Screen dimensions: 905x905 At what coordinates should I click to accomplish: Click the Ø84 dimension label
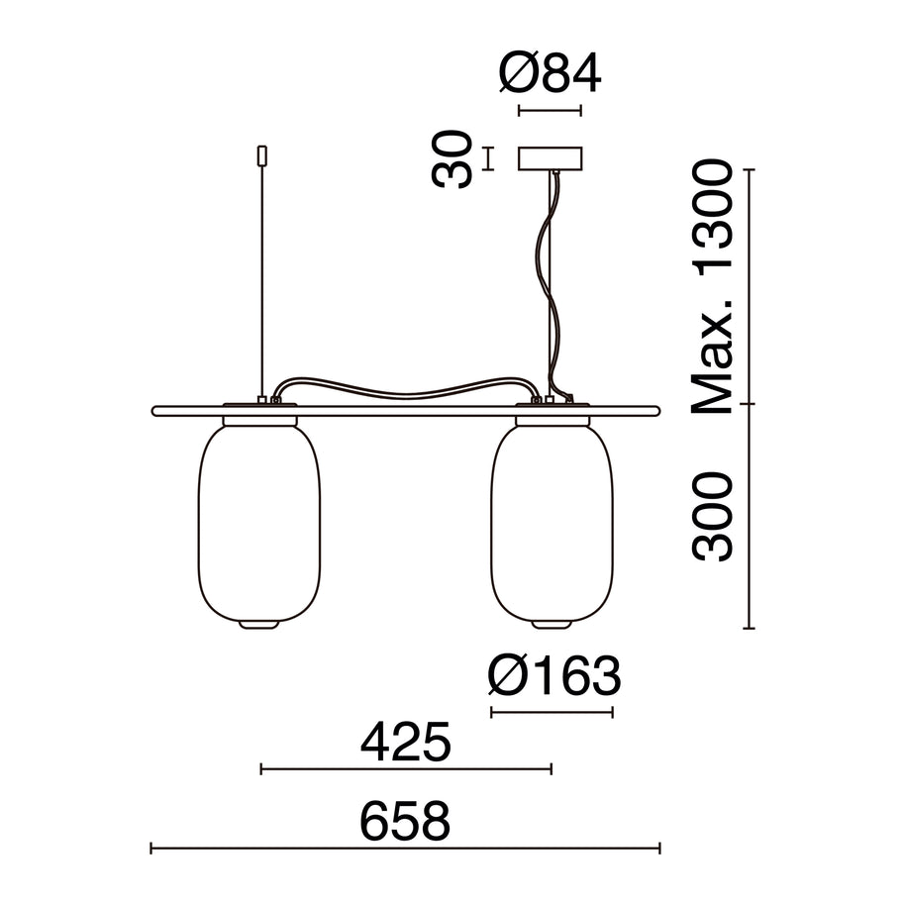coord(551,73)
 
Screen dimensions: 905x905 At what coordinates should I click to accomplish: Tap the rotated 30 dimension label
coord(452,158)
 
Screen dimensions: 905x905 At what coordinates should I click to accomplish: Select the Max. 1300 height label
coord(712,287)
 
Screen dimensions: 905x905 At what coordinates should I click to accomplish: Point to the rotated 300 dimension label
coord(712,517)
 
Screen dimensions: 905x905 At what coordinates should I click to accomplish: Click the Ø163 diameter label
coord(554,675)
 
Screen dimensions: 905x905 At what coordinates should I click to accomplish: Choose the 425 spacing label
coord(405,742)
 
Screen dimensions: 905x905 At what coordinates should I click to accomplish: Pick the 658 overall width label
coord(405,821)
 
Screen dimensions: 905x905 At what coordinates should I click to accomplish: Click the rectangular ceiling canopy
coord(551,158)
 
